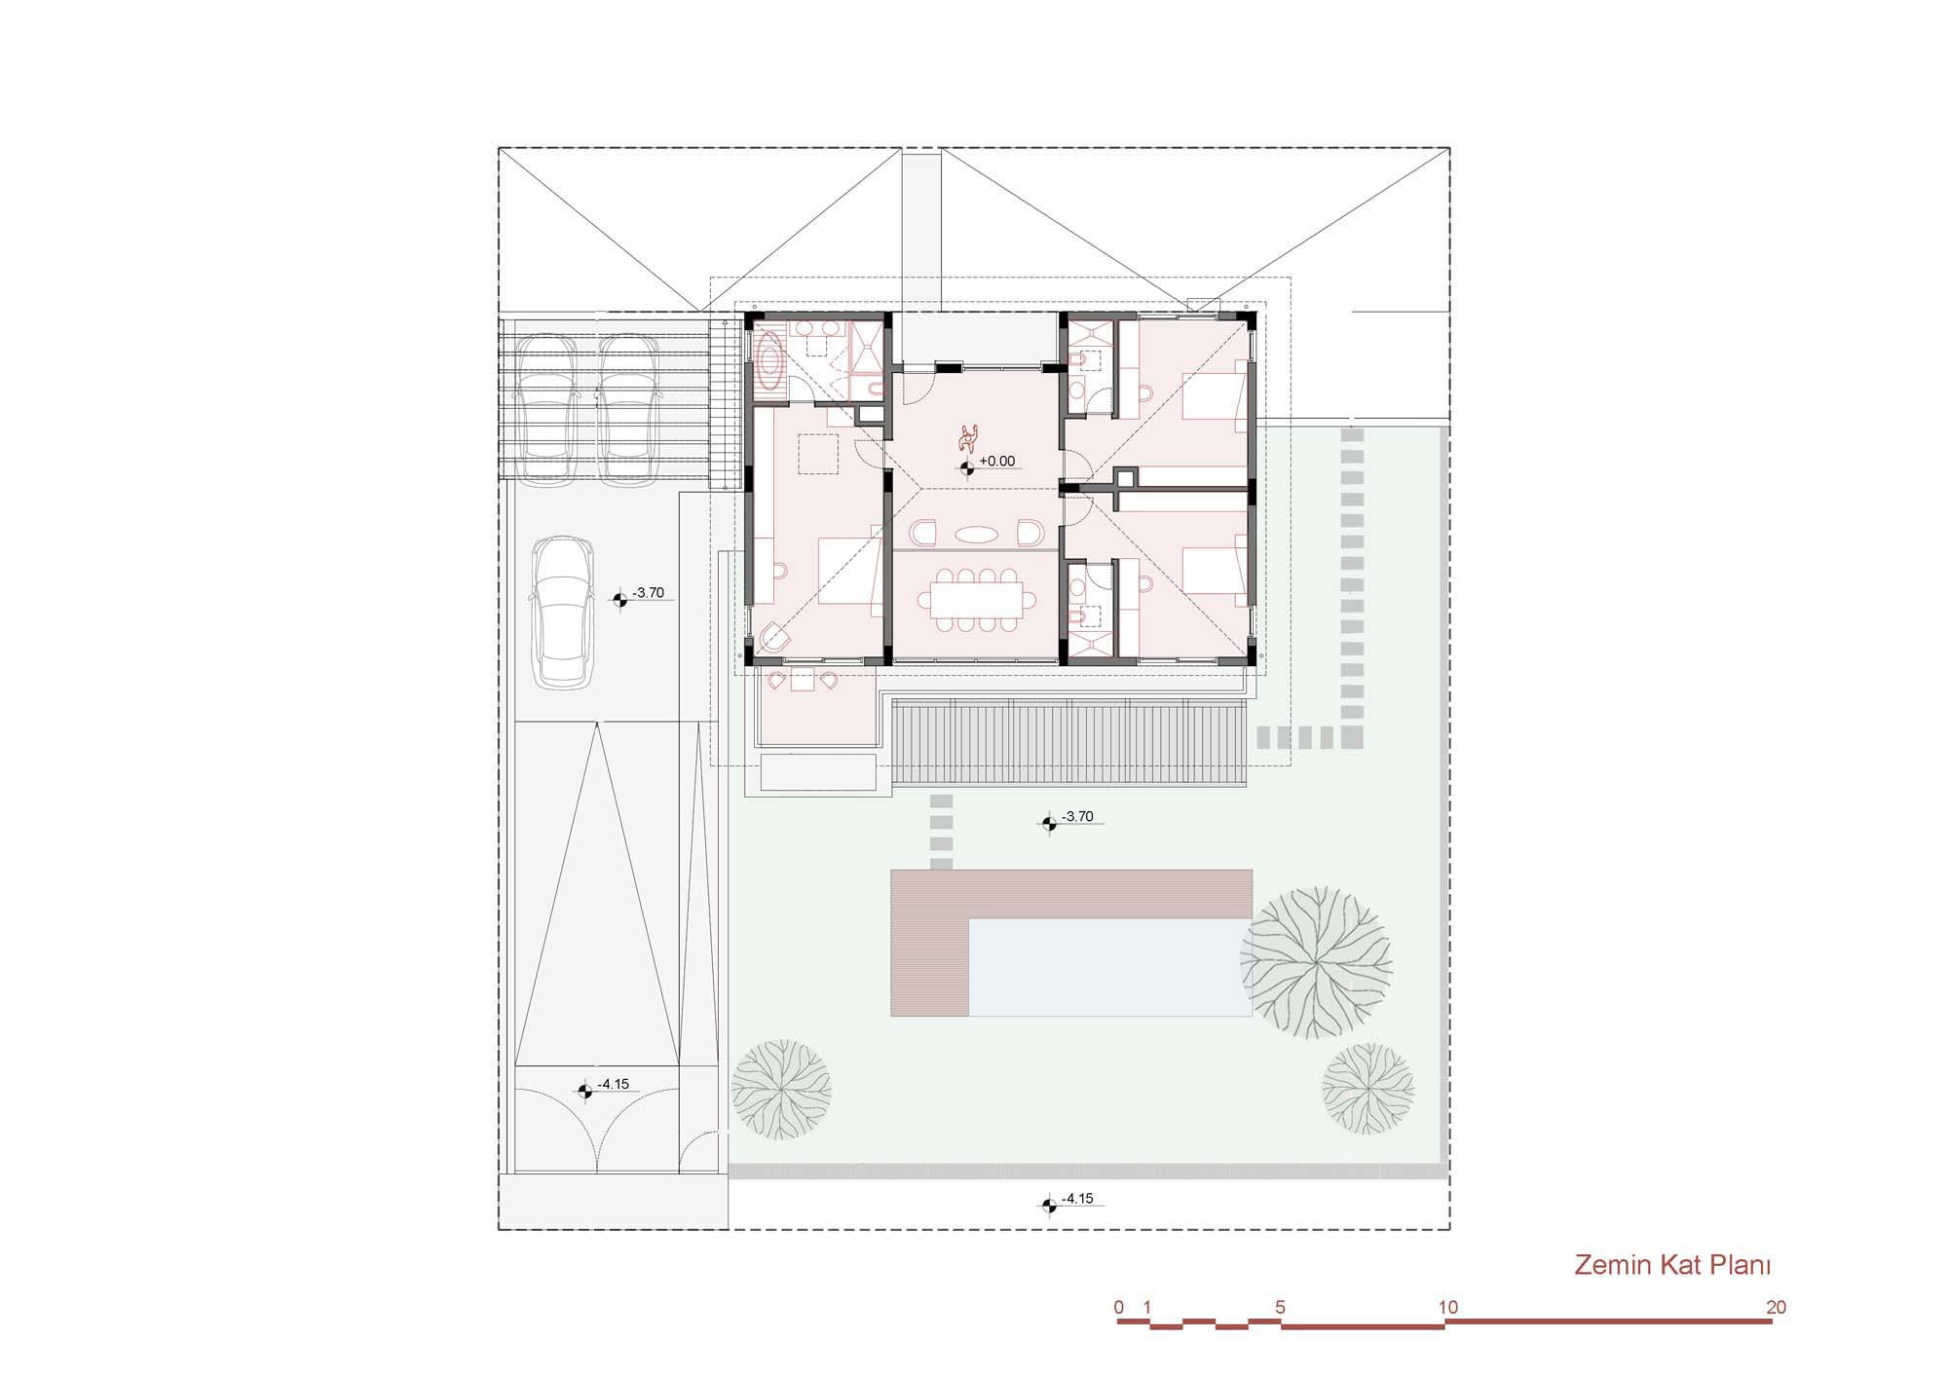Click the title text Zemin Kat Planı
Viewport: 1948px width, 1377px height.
coord(1671,1265)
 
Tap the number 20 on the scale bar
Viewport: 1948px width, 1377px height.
coord(1776,1307)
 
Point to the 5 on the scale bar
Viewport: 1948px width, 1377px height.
coord(1280,1307)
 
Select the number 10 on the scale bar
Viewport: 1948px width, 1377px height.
coord(1448,1307)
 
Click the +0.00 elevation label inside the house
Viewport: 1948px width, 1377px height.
coord(997,462)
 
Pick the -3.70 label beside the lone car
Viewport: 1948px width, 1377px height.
coord(648,592)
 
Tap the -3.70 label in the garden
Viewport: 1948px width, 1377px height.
coord(1077,816)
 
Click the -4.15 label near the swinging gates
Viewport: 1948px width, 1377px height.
coord(614,1084)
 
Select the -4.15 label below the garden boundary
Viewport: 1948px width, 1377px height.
coord(1077,1199)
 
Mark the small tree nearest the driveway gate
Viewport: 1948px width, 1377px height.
coord(781,1089)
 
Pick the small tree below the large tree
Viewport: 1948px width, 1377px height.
coord(1367,1088)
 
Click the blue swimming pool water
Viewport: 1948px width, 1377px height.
coord(1110,968)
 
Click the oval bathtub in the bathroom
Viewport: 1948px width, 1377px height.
coord(771,360)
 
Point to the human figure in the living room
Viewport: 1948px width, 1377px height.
coord(968,438)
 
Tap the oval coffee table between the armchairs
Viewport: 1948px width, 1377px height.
coord(975,534)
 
